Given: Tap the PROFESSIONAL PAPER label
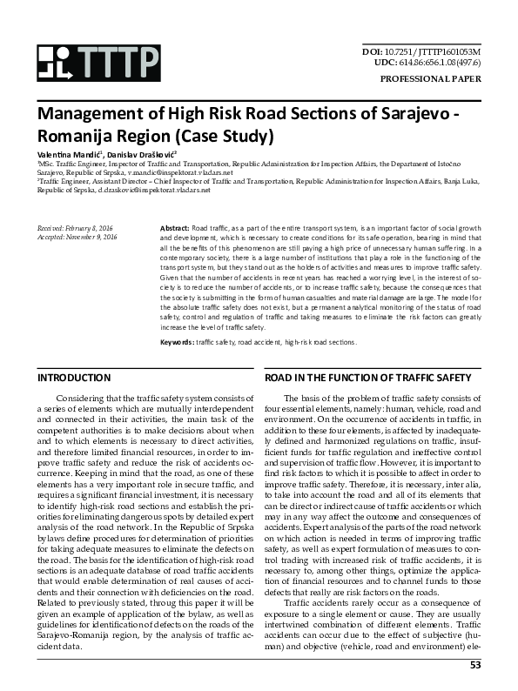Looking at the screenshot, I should coord(431,78).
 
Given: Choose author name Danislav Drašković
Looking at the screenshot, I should coord(145,153).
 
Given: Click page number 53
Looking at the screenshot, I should coord(475,667).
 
